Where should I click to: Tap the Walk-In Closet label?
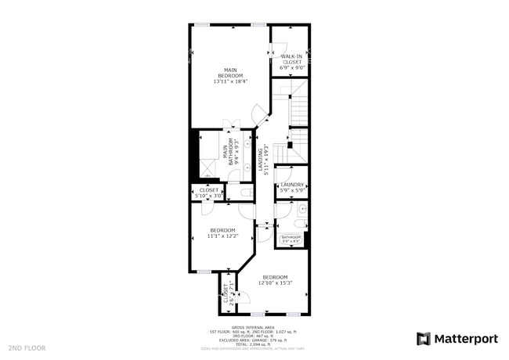292,62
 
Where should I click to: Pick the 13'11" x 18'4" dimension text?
229,81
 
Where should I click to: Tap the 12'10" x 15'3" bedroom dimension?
275,283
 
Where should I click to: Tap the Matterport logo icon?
423,339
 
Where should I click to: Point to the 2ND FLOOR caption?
27,347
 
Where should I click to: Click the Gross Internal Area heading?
252,328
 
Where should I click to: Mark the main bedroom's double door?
233,125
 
